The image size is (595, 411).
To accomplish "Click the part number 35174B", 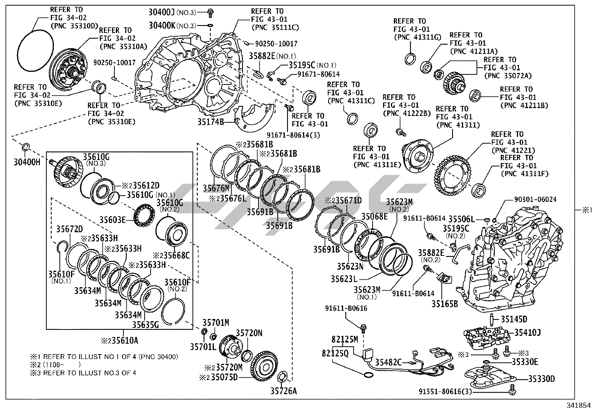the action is click(211, 122).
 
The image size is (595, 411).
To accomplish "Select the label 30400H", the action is click(27, 162).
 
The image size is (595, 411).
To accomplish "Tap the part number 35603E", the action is click(112, 220).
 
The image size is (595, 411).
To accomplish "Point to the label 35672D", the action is click(70, 229).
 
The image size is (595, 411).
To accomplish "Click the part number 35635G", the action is click(145, 325).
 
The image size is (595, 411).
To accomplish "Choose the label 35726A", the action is click(284, 391).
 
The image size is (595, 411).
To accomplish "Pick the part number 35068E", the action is click(374, 217).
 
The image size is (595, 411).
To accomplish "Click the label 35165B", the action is click(445, 304).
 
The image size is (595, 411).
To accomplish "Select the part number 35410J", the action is click(527, 332).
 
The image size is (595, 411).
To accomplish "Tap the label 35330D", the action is click(541, 378).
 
